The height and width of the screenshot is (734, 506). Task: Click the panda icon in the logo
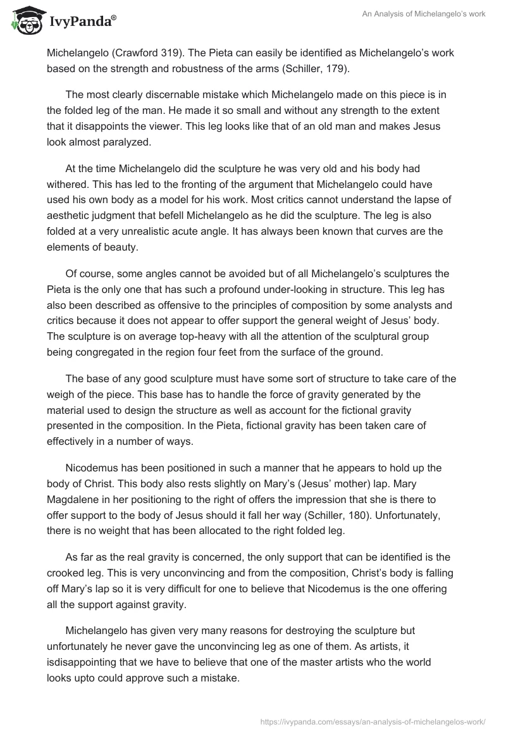24,21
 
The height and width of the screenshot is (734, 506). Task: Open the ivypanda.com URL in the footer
372,720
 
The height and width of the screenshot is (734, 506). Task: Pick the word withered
68,184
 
